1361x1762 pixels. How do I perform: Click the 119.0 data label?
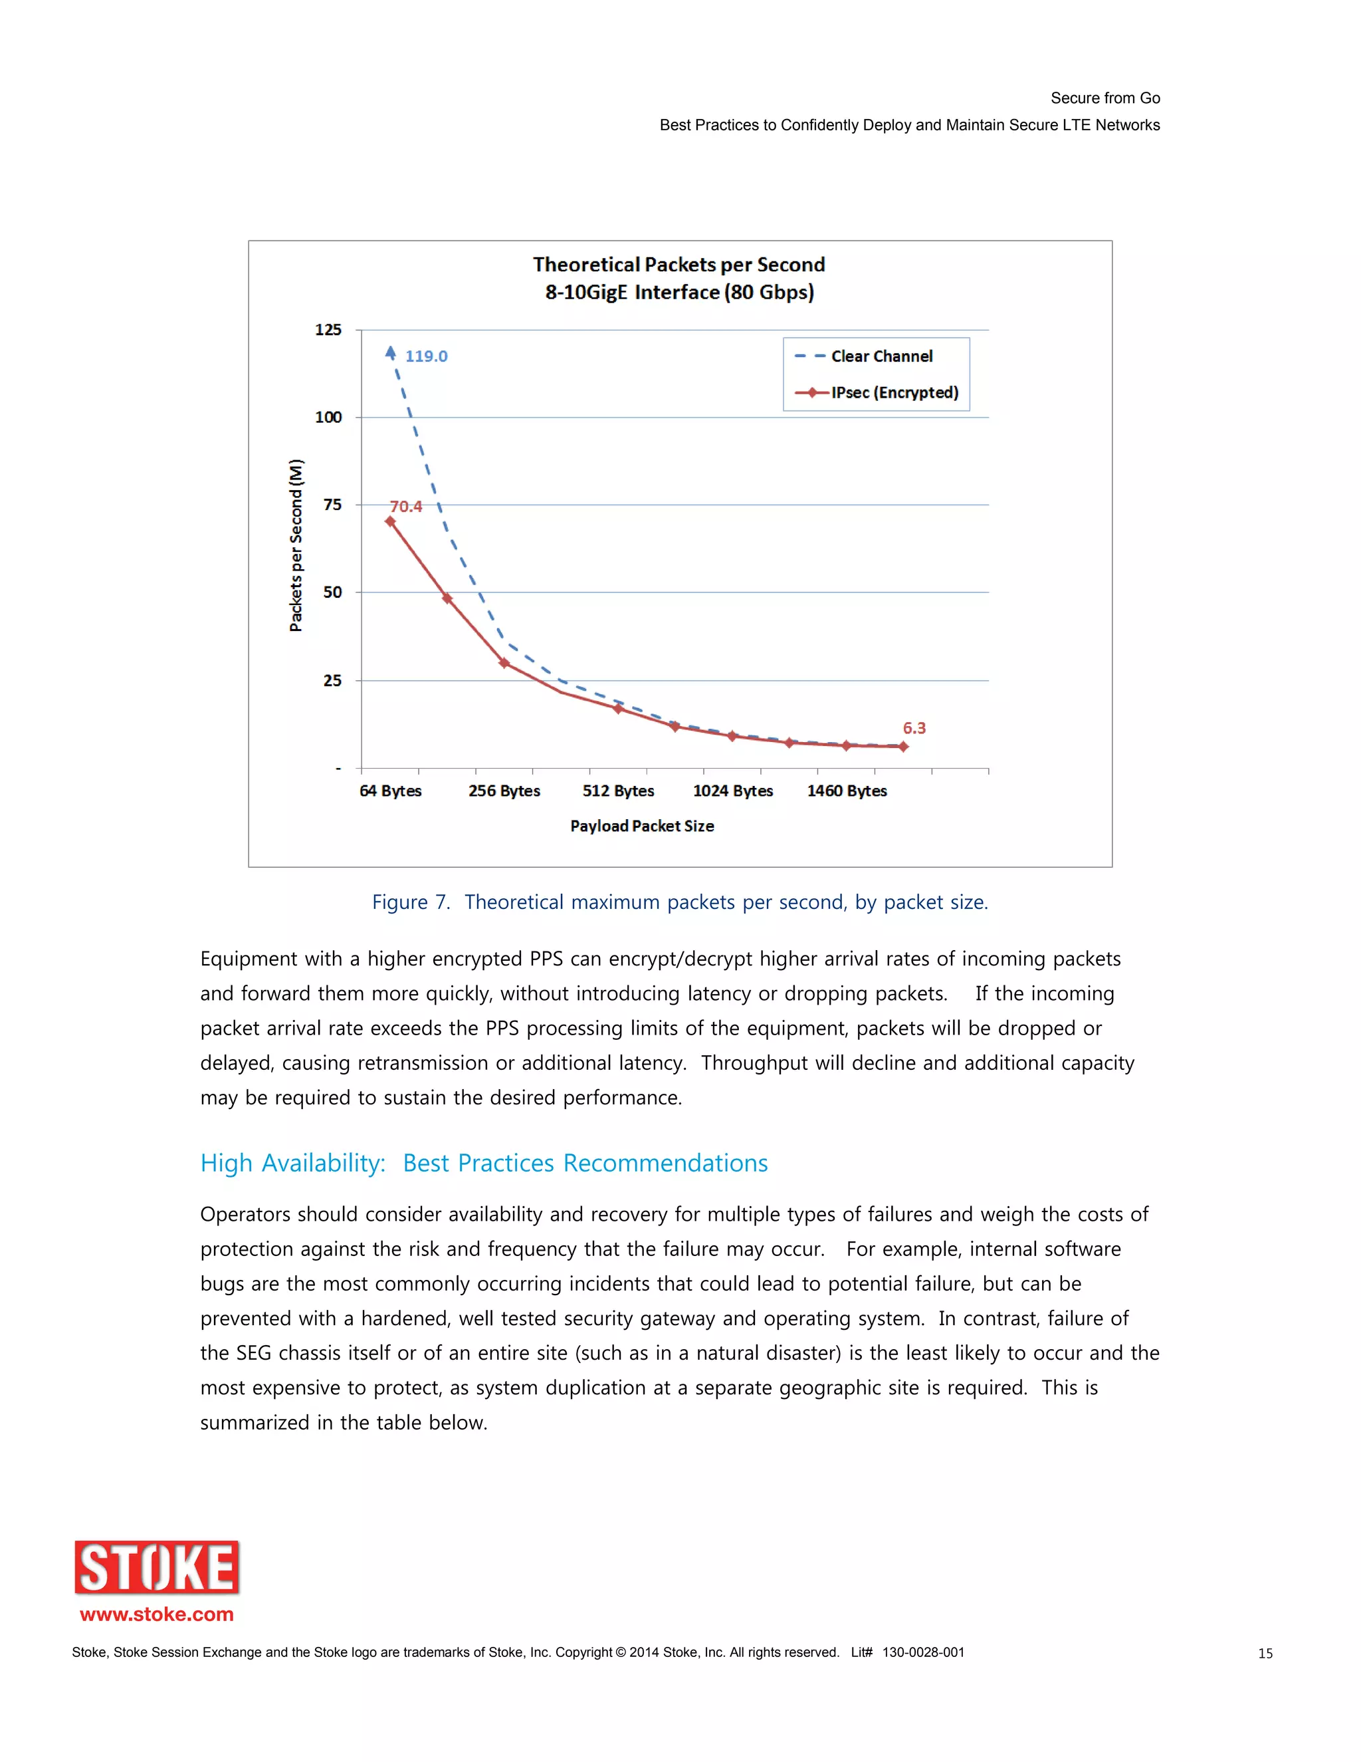426,356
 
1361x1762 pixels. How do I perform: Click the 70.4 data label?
405,506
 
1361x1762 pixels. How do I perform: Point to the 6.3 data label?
914,727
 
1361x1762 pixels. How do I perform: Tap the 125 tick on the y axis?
328,330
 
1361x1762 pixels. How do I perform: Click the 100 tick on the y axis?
328,417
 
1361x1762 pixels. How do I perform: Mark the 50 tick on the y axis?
332,592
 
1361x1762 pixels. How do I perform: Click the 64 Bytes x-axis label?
390,791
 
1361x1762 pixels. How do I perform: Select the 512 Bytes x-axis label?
619,791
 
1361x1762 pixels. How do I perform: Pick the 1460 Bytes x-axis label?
847,791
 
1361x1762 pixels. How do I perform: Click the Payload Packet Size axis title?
642,826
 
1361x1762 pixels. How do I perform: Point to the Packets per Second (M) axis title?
296,545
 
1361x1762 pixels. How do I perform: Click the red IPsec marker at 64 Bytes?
390,521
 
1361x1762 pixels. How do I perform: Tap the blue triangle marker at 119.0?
390,352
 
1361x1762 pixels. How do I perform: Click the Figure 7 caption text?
680,902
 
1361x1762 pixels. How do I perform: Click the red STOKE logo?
157,1568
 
